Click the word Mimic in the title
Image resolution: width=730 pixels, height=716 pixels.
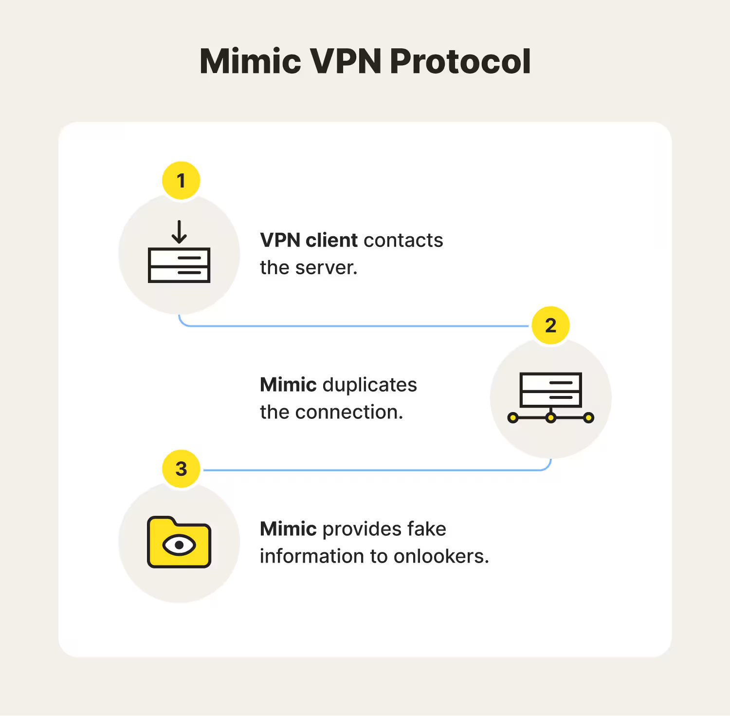coord(250,61)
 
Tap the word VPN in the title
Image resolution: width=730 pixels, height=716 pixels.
coord(345,61)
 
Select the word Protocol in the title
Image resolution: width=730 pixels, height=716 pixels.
coord(460,61)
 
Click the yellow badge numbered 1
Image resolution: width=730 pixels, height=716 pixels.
coord(181,181)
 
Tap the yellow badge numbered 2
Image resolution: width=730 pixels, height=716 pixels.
coord(550,325)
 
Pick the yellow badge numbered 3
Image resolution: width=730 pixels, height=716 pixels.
coord(181,469)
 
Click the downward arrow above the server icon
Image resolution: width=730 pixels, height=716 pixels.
coord(179,232)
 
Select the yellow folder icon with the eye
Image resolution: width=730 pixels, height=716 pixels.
coord(179,542)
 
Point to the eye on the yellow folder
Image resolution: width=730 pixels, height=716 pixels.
coord(179,545)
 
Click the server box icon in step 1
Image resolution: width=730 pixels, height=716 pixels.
coord(179,265)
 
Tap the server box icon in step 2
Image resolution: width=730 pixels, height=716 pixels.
coord(550,390)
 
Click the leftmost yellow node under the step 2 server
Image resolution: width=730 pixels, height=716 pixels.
coord(513,418)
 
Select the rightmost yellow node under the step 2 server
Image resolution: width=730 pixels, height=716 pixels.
coord(588,418)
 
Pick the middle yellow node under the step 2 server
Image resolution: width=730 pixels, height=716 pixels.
coord(550,418)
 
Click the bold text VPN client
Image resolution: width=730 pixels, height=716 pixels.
coord(309,240)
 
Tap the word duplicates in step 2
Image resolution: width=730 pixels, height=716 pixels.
coord(369,385)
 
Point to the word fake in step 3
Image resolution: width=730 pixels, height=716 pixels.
coord(426,529)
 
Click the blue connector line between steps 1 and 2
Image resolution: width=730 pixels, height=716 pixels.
coord(355,326)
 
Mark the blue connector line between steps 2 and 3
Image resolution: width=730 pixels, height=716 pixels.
coord(375,470)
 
